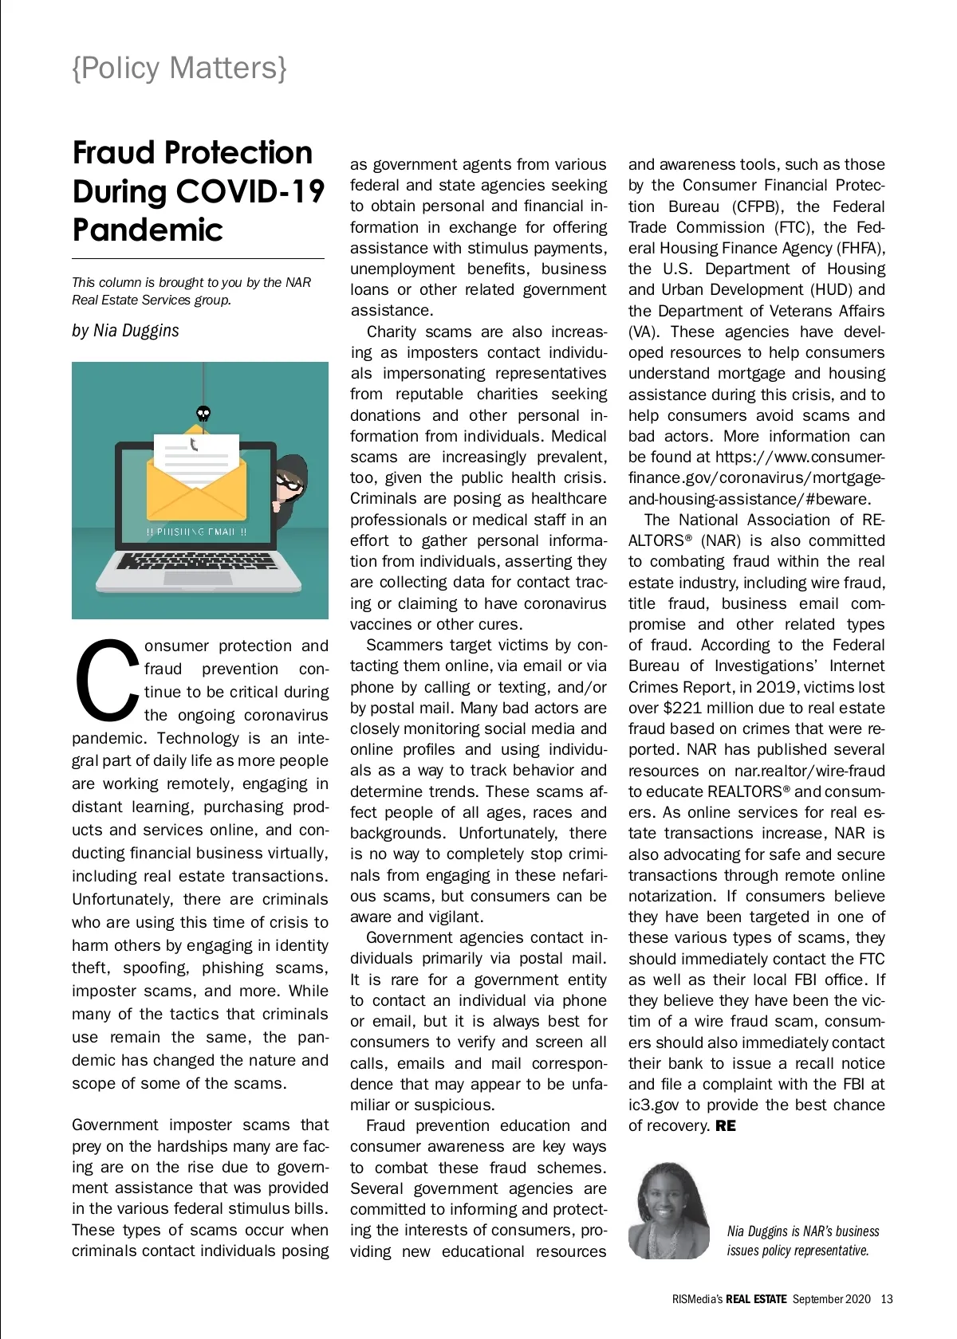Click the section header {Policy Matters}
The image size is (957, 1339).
[179, 69]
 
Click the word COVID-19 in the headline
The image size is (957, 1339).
[250, 191]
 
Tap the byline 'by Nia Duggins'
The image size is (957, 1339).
[125, 330]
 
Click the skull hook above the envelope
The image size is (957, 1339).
[203, 413]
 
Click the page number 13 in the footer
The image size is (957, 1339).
[887, 1299]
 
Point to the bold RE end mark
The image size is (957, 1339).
[726, 1126]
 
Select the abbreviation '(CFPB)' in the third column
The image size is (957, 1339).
[755, 206]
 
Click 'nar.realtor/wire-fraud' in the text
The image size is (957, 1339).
[798, 771]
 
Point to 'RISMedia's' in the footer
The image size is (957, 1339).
[697, 1299]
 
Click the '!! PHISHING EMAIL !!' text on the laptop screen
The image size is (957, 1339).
[196, 532]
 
